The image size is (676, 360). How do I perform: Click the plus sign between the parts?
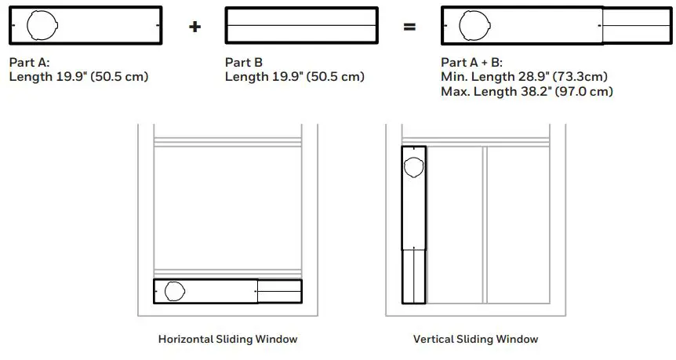[x=195, y=27]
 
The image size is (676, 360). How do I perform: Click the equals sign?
[x=409, y=27]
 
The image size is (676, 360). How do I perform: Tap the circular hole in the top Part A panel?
[x=40, y=26]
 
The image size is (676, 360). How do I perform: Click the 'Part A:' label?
[x=30, y=63]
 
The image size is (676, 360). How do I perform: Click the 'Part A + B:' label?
[x=474, y=63]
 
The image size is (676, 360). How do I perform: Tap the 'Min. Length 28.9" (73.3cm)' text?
[x=525, y=77]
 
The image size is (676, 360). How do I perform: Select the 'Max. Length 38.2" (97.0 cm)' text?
[x=527, y=91]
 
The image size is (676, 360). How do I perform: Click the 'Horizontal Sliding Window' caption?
[x=228, y=340]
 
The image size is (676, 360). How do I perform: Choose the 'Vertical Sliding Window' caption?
[x=476, y=340]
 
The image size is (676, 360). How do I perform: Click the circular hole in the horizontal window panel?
[x=175, y=290]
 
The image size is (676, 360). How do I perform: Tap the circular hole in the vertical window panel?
[x=413, y=165]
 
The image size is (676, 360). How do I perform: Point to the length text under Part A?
[x=78, y=77]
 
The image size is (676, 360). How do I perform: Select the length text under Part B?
[x=295, y=77]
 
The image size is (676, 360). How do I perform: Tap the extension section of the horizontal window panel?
[x=279, y=291]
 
